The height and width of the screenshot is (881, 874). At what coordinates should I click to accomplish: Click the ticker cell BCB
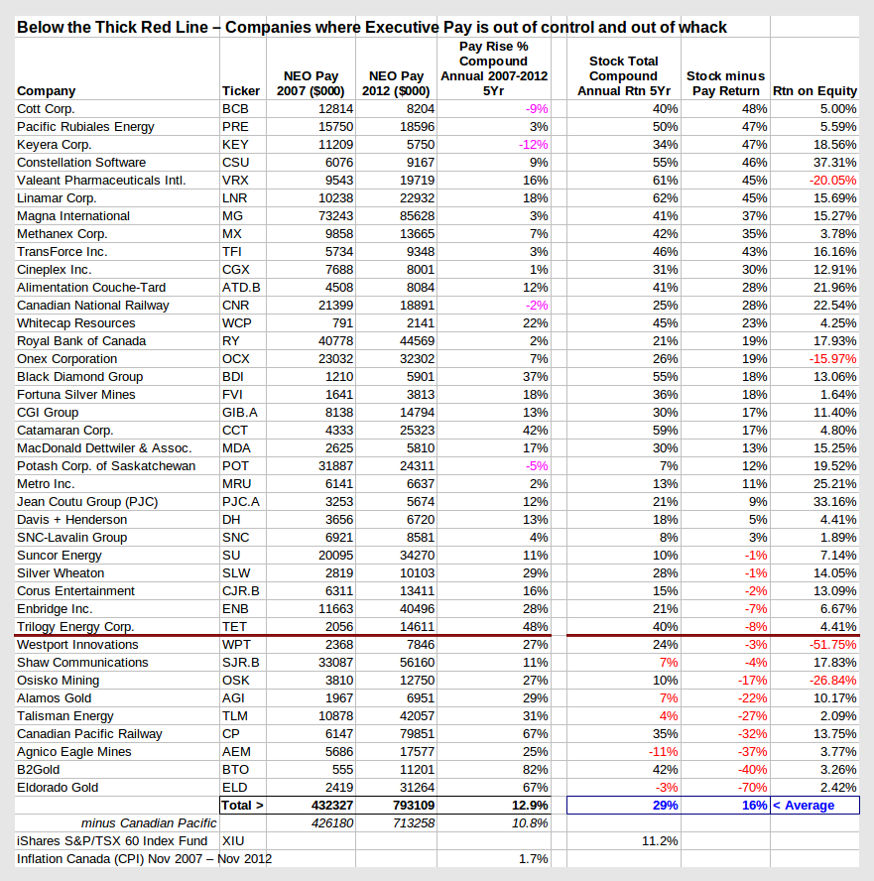pos(235,109)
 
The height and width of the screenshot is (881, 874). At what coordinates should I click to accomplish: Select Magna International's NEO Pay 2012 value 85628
pos(417,216)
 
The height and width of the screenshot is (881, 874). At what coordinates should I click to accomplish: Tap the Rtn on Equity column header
pos(814,91)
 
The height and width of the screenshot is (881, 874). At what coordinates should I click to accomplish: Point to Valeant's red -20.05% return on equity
pos(832,181)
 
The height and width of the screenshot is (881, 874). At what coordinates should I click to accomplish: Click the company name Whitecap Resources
pos(75,323)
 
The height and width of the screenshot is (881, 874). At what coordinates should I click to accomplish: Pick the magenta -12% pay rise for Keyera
pos(533,145)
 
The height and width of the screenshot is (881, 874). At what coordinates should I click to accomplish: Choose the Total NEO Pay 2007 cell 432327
pos(332,806)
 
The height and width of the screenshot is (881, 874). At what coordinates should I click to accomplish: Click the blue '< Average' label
pos(804,806)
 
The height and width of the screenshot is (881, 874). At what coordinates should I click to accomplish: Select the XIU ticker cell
pos(232,841)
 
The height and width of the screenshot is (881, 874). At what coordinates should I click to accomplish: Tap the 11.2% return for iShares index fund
pos(660,841)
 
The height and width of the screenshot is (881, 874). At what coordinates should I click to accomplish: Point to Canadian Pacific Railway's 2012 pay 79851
pos(417,734)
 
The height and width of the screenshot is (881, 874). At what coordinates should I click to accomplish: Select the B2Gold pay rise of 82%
pos(536,770)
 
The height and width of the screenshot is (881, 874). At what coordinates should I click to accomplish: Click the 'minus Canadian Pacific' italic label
pos(148,823)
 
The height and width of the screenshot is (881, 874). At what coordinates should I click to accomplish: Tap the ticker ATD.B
pos(241,288)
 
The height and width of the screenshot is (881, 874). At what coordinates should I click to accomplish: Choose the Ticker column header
pos(240,91)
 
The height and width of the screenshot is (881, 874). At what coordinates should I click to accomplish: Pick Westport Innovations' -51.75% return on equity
pos(832,645)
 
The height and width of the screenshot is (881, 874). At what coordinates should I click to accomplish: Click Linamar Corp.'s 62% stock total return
pos(665,198)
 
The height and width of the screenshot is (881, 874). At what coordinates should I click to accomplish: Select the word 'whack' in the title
pos(702,27)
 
